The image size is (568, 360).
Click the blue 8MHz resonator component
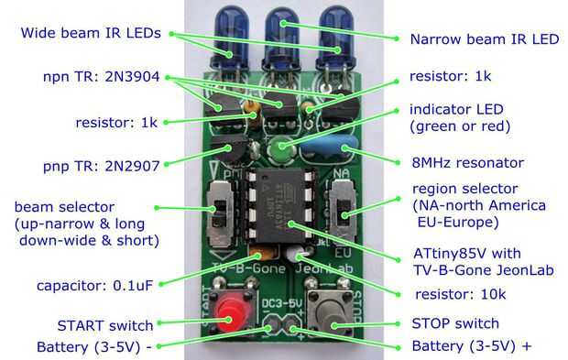[x=330, y=147]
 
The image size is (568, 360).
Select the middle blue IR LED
[x=282, y=39]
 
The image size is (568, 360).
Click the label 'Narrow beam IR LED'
[x=485, y=39]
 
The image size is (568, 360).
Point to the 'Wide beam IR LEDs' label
[x=91, y=33]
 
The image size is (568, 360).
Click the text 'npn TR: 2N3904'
[x=101, y=77]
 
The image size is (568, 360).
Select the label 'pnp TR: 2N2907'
[x=101, y=166]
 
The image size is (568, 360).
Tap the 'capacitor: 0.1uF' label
[x=95, y=286]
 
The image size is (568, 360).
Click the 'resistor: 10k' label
[x=460, y=294]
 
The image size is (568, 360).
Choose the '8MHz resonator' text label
[x=467, y=163]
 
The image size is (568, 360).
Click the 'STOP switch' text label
[x=455, y=323]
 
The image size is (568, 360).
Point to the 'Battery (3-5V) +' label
[x=471, y=346]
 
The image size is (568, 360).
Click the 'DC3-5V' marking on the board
[x=282, y=303]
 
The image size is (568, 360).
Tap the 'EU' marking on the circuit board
[x=343, y=253]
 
